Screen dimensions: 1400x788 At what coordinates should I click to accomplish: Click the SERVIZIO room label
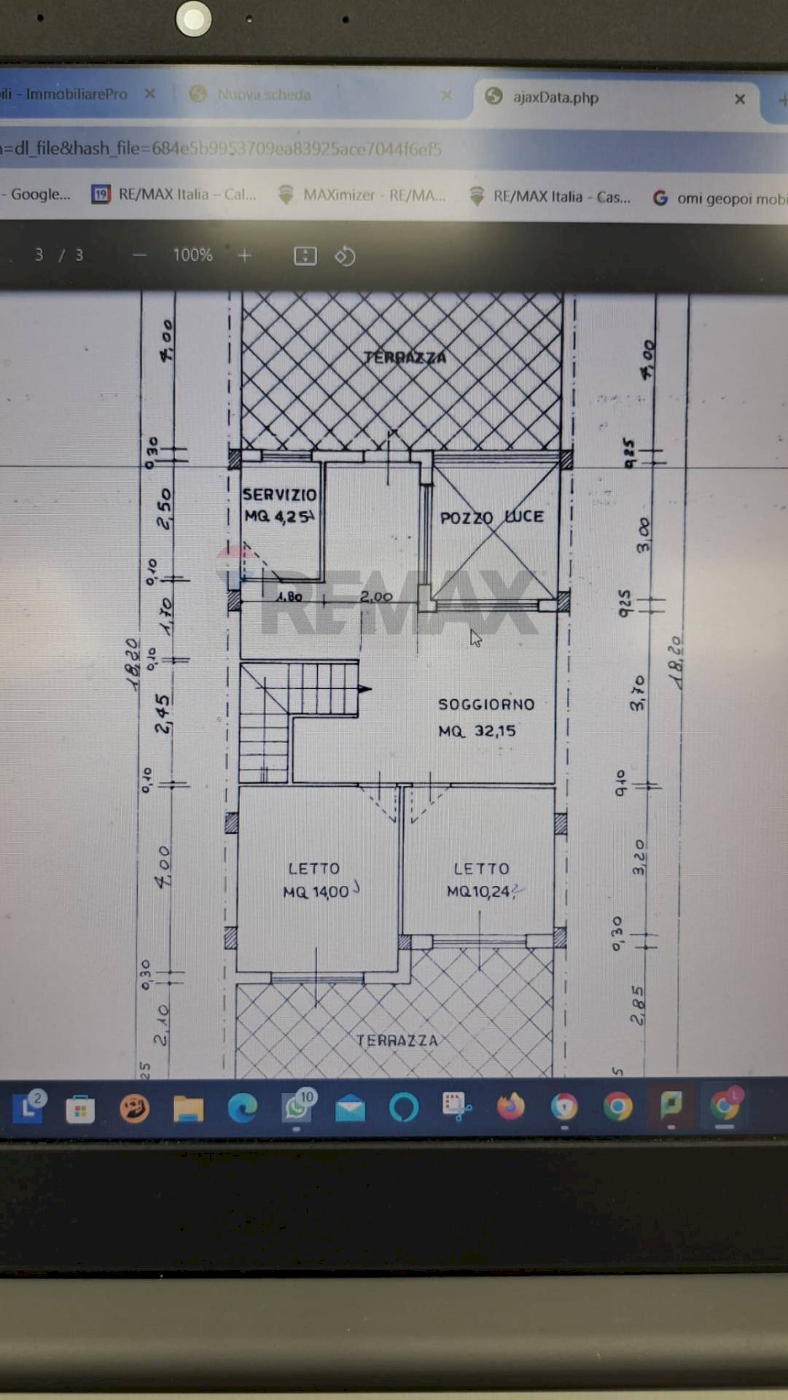point(279,494)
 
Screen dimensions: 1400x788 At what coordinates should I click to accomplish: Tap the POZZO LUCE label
point(491,517)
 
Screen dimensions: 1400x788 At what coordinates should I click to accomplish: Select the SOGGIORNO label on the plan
point(486,704)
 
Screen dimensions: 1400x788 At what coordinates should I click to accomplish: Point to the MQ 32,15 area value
point(477,731)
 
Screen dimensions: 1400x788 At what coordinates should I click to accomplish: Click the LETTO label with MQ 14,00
point(313,868)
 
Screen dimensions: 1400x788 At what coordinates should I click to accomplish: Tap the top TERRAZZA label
point(405,357)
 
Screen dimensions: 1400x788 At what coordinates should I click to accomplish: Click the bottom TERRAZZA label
point(397,1041)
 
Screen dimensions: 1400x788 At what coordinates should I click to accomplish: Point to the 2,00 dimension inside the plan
point(376,596)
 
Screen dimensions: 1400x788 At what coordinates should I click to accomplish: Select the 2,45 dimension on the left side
point(163,713)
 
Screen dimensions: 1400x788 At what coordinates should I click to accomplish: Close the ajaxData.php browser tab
point(740,99)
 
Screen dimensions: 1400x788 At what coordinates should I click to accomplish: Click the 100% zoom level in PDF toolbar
point(192,255)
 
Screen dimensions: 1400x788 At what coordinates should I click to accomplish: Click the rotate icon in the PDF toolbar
point(345,256)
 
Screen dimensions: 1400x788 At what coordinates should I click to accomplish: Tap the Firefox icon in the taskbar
point(510,1106)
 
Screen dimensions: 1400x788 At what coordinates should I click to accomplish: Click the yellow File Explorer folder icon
point(188,1108)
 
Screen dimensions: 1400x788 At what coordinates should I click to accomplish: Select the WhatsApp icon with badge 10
point(297,1107)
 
